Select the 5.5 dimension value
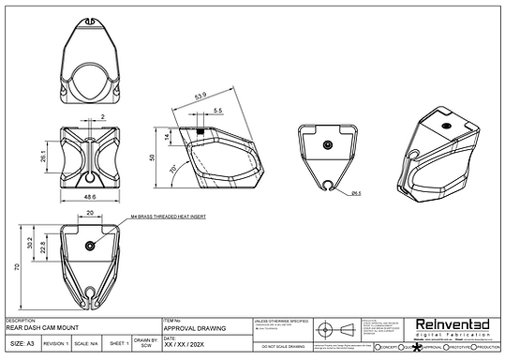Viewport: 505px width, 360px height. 217,111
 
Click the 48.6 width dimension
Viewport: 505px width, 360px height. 90,198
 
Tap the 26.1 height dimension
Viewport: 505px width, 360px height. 43,156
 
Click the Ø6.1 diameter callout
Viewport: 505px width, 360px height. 356,194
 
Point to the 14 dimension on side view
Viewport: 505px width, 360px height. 168,136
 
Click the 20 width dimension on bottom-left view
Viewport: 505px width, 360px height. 89,213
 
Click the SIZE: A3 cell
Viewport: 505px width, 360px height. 23,344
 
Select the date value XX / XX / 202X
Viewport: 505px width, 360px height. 186,345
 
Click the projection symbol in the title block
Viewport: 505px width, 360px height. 335,329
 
